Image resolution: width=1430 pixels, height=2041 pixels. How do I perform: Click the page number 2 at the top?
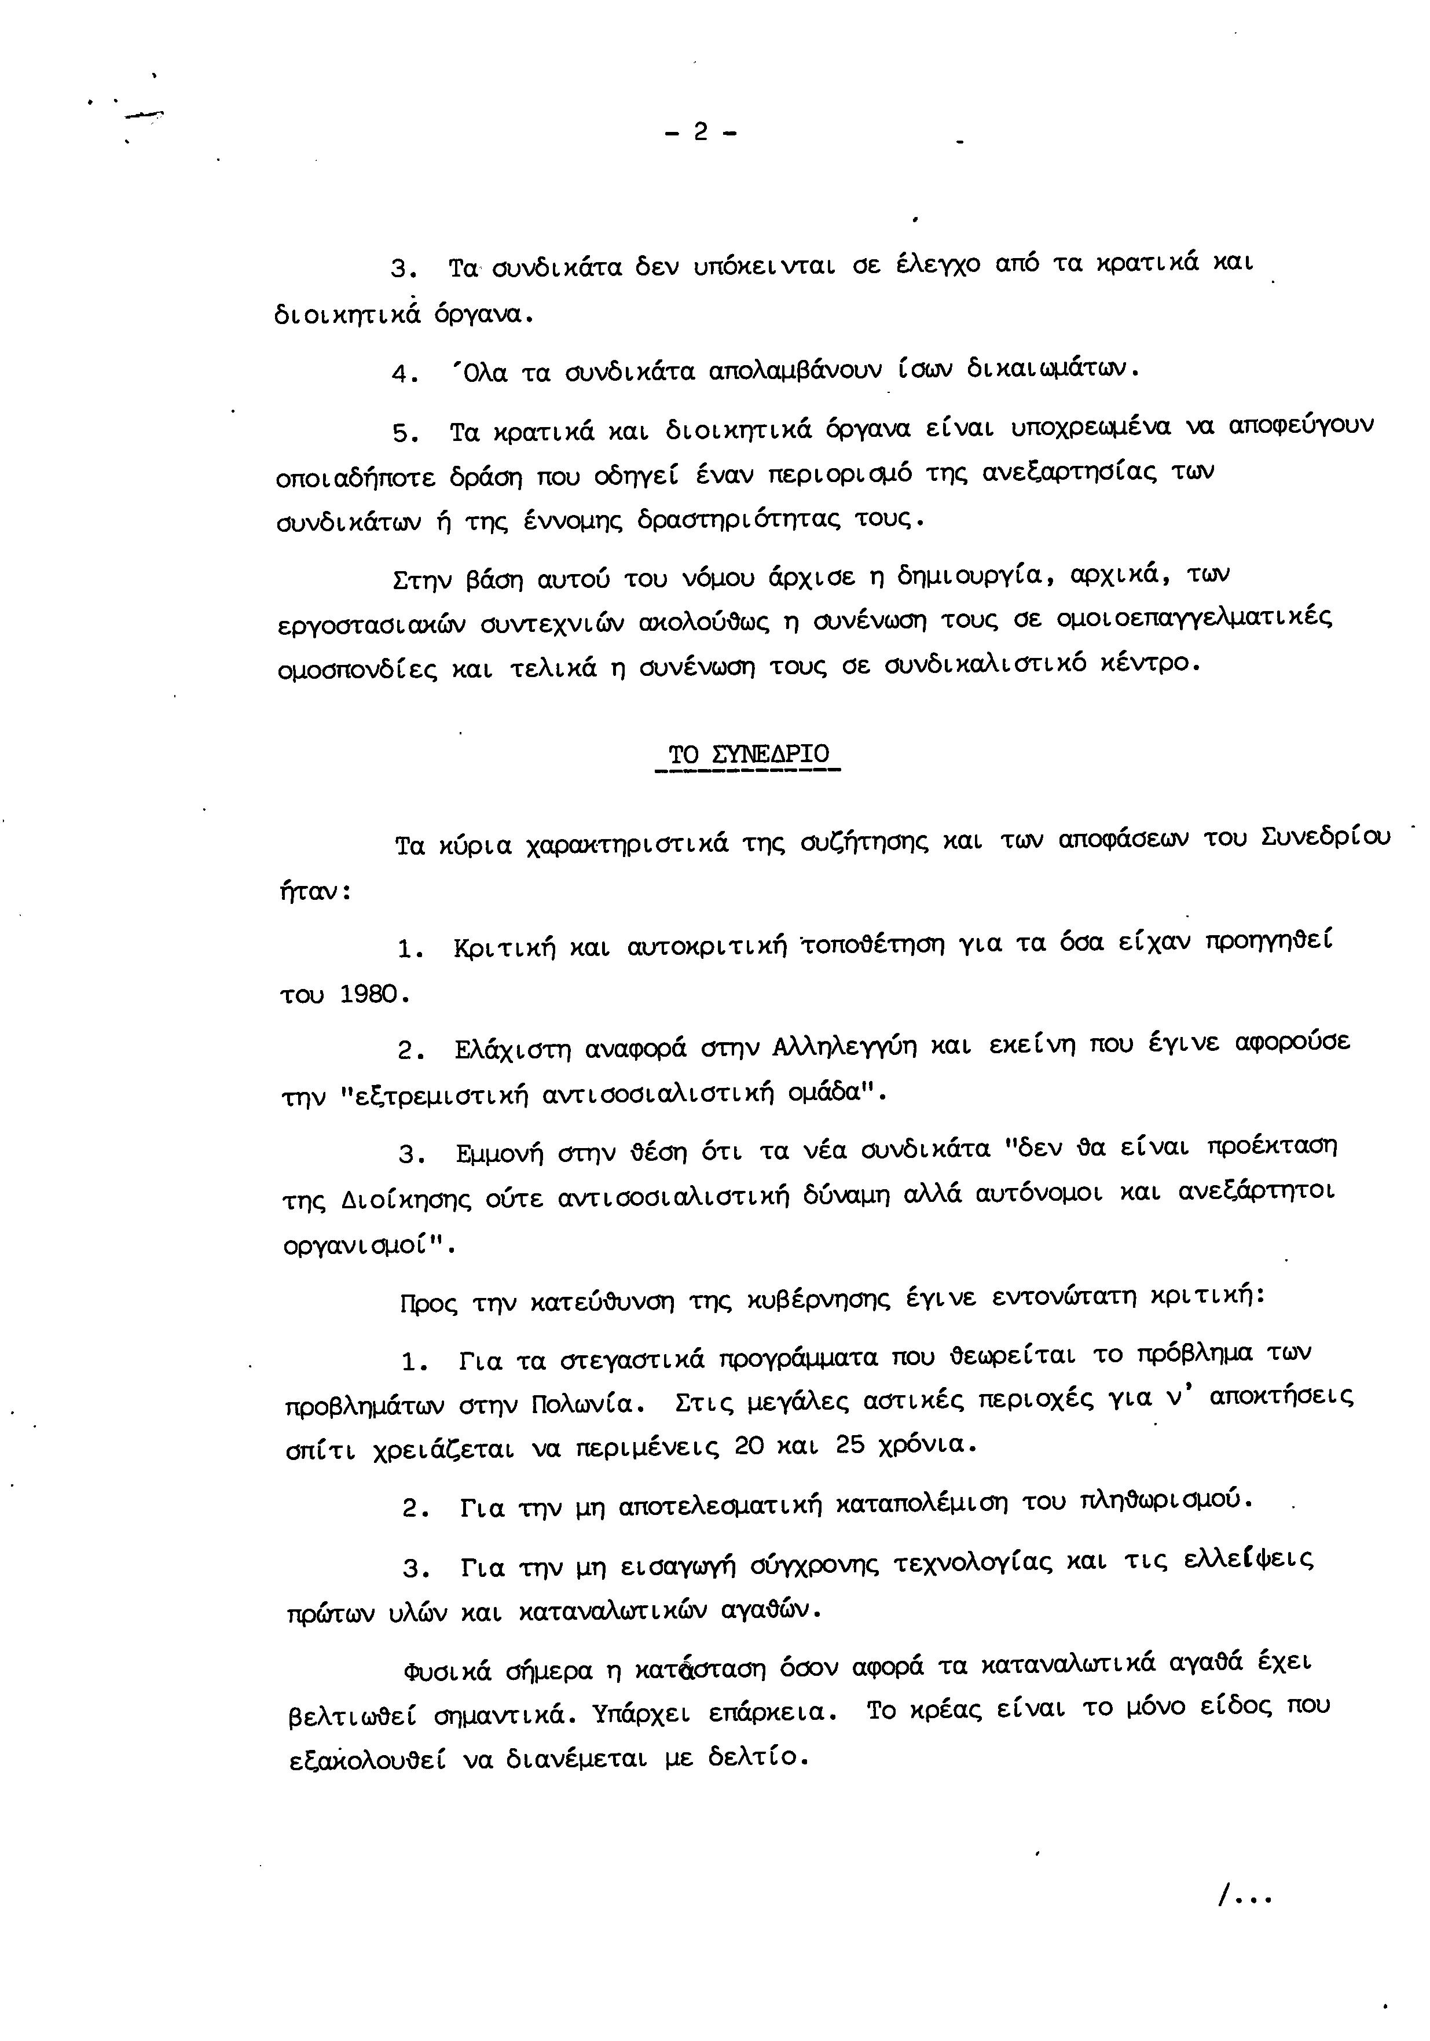700,133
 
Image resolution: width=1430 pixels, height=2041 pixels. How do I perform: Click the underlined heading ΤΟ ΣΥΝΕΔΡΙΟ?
748,756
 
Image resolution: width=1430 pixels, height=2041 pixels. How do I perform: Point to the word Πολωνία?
582,1406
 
